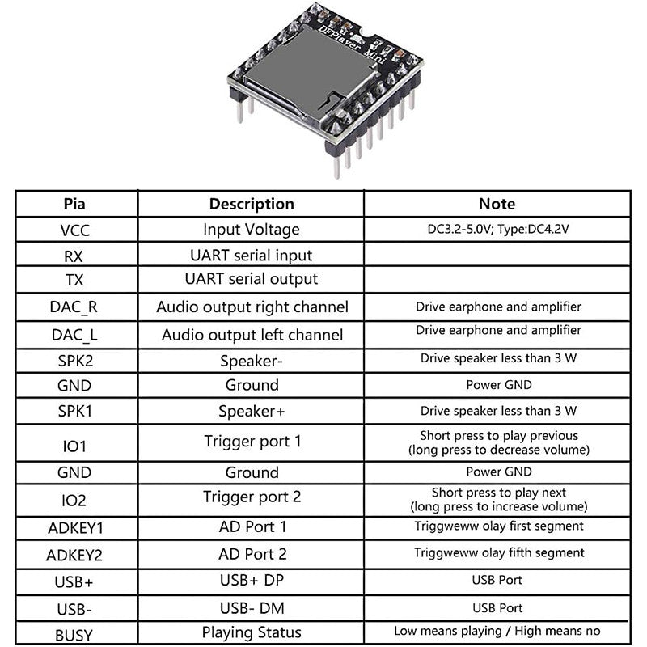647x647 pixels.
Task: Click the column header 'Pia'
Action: [75, 204]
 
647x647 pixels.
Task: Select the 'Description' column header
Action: [252, 204]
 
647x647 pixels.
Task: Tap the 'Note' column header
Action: [497, 204]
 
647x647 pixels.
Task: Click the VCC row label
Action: [75, 230]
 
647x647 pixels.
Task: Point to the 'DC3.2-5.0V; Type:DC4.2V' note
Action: [498, 229]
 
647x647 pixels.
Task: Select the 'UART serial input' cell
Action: [252, 255]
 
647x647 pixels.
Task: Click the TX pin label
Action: [75, 280]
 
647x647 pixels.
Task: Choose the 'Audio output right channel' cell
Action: [252, 307]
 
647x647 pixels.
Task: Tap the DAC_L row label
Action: [75, 335]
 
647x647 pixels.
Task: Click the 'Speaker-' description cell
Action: [252, 361]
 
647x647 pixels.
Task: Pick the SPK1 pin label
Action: [75, 411]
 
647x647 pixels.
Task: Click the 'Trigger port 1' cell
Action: [252, 442]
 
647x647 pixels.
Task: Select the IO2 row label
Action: [75, 501]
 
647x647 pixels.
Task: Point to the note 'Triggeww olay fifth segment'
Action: [498, 552]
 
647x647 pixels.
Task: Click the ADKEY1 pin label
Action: [75, 528]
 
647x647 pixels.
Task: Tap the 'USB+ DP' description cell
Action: [252, 580]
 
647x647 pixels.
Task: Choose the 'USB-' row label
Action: [75, 607]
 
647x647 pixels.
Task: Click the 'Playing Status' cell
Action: [252, 632]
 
